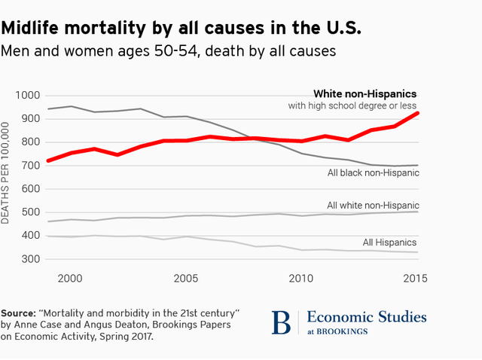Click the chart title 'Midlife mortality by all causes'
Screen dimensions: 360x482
182,28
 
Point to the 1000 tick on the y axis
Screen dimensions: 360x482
27,96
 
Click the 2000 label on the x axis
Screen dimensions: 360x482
70,278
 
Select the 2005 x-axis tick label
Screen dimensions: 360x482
186,278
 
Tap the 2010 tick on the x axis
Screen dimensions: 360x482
301,278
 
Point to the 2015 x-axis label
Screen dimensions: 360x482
416,278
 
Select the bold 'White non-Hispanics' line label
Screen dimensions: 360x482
365,93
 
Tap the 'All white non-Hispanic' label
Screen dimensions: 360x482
373,205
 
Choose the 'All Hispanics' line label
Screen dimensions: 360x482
389,242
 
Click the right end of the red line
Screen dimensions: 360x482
416,113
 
